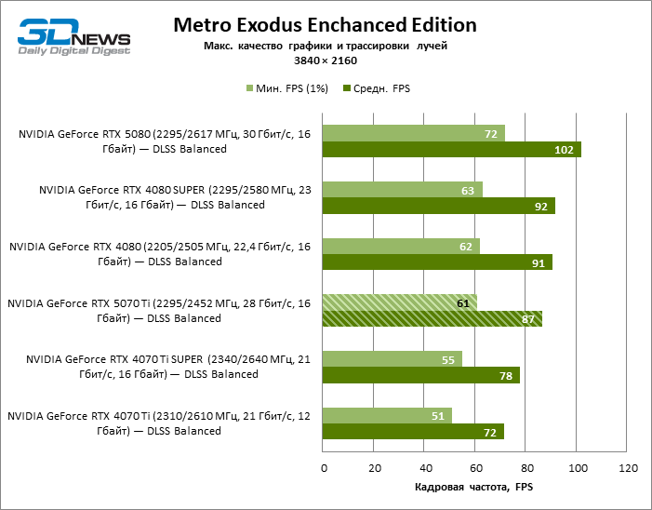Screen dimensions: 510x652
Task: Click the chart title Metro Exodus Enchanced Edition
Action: tap(325, 25)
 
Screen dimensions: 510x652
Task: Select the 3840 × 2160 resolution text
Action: tap(325, 59)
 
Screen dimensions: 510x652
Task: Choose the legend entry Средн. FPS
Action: tap(377, 88)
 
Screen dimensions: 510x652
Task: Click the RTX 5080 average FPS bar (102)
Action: tap(451, 150)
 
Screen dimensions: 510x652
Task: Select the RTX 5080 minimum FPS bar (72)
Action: tap(413, 133)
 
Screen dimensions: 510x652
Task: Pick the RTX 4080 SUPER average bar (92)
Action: tap(438, 207)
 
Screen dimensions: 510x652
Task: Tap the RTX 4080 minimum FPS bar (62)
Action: tap(401, 246)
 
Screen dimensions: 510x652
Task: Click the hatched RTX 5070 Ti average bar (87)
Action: tap(432, 319)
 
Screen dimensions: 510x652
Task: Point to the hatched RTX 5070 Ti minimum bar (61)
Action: tap(399, 302)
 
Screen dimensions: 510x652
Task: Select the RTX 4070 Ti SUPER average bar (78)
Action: tap(420, 375)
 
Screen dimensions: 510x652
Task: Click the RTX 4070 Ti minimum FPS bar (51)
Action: tap(387, 415)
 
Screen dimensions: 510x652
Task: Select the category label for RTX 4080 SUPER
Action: tap(162, 197)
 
